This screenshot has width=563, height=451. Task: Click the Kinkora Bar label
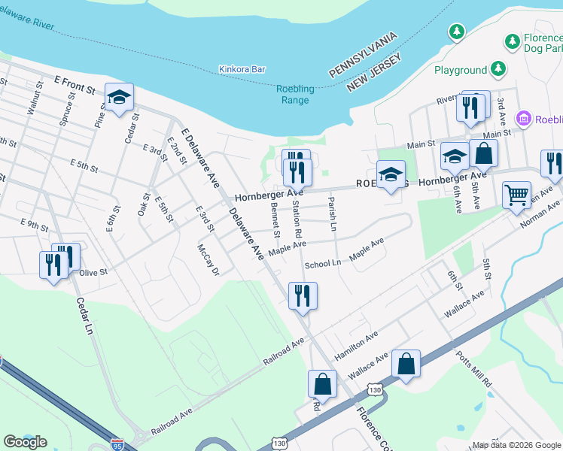click(242, 69)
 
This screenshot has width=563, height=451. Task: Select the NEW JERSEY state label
click(374, 70)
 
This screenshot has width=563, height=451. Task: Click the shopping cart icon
click(516, 195)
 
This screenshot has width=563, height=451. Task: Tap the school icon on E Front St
click(119, 97)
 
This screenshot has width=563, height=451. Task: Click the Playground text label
click(461, 70)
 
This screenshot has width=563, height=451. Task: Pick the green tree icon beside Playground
click(498, 69)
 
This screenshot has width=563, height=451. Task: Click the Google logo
click(25, 441)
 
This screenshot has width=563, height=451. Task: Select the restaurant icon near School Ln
click(303, 295)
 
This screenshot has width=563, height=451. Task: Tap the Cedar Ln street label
click(87, 316)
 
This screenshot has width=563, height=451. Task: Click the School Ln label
click(323, 265)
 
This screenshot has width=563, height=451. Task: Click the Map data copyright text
click(515, 445)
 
